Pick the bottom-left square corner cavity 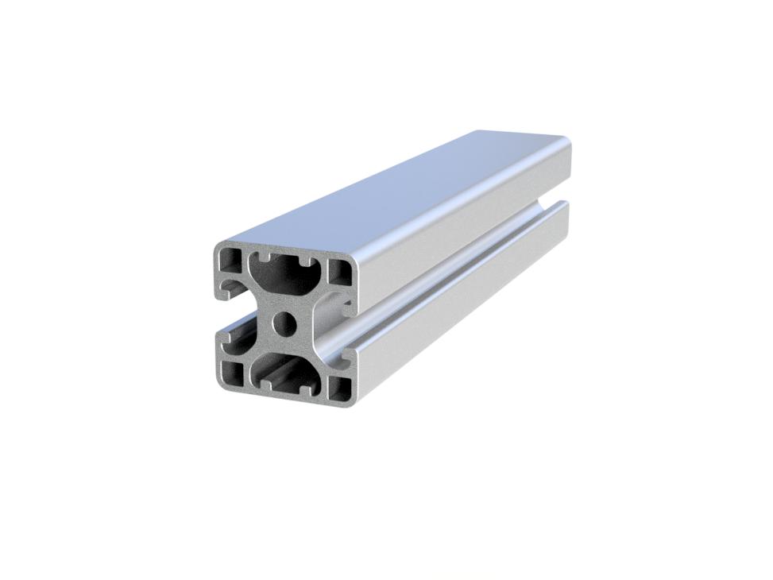click(x=232, y=373)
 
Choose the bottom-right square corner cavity click(x=339, y=387)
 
